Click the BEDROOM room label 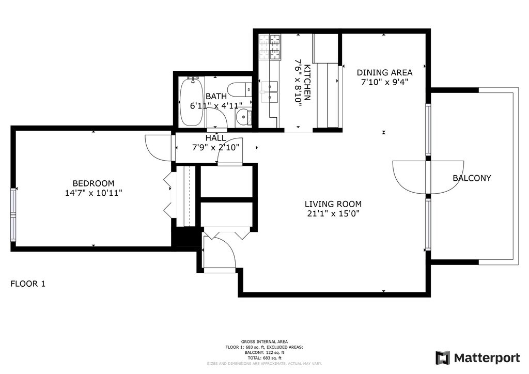[94, 183]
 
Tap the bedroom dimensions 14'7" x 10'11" [94, 193]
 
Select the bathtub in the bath [192, 102]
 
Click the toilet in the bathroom [239, 90]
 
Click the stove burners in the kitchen [270, 47]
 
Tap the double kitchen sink [269, 92]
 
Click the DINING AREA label [384, 72]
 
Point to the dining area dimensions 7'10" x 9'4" [384, 82]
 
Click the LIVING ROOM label [333, 204]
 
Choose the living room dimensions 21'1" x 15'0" [333, 213]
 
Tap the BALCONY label [472, 178]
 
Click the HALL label [215, 138]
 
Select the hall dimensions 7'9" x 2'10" [215, 147]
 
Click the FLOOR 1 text [28, 284]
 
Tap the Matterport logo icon [443, 358]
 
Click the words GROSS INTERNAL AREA [264, 341]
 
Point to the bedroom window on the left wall [13, 214]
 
